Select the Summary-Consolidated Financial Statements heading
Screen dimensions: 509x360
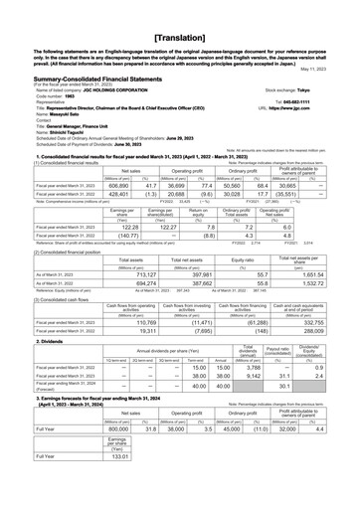[90, 62]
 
